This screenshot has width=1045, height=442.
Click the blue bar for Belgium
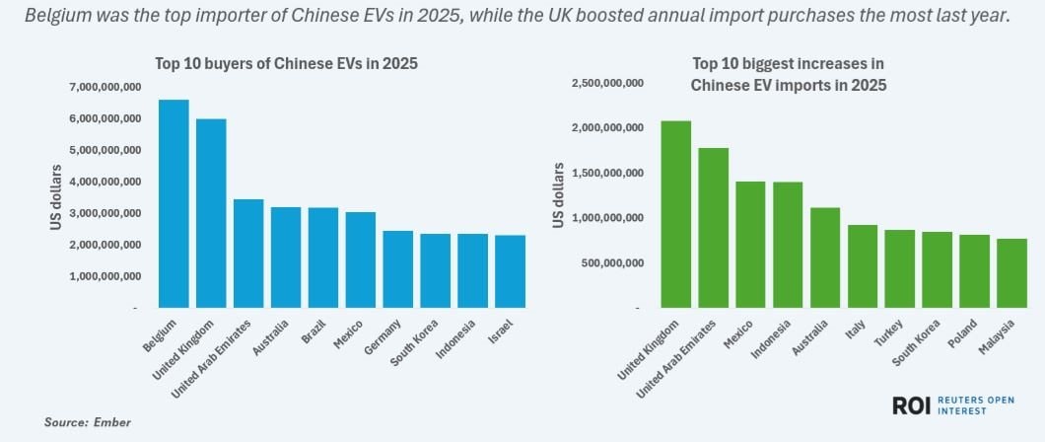coord(174,203)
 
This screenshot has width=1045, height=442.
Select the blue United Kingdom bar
coord(211,213)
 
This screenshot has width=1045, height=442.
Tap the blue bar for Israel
coord(510,271)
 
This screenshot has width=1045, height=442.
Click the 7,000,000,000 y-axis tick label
coord(104,88)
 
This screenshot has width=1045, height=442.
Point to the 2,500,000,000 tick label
coord(607,83)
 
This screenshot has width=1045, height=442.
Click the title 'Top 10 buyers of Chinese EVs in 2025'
coord(286,64)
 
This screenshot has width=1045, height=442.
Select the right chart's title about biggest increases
coord(788,75)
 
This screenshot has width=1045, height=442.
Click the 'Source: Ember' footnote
coord(87,422)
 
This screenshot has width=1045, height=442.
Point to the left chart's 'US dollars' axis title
coord(56,198)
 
